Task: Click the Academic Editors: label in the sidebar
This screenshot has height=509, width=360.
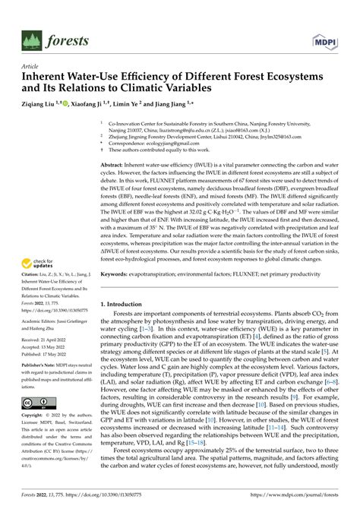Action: click(42, 321)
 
